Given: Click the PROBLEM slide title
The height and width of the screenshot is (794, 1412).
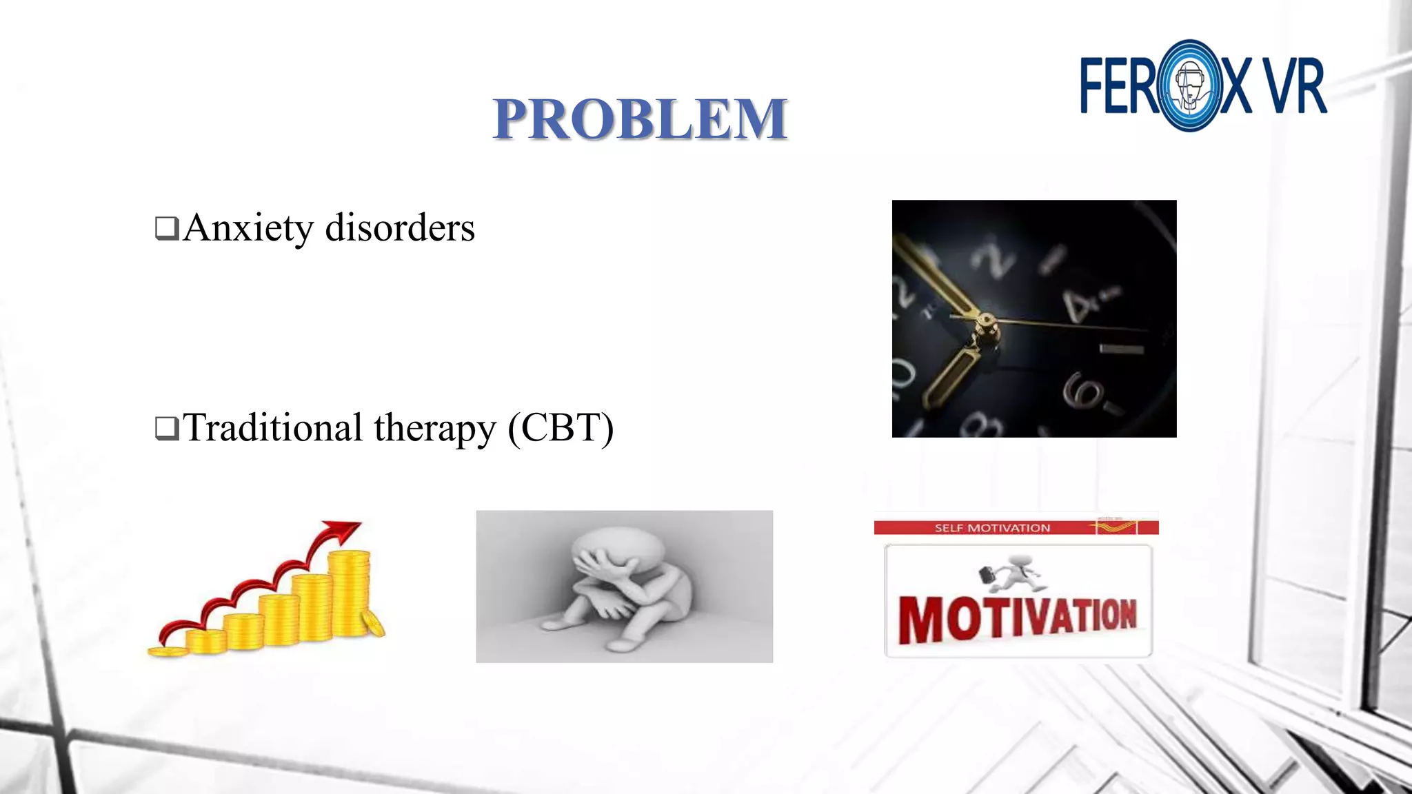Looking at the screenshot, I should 640,119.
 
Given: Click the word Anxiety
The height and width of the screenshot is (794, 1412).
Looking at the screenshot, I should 248,228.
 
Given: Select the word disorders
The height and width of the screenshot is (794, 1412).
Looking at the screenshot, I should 400,227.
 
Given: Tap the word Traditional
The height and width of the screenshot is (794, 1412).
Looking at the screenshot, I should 272,427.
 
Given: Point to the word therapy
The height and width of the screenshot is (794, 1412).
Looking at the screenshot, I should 434,429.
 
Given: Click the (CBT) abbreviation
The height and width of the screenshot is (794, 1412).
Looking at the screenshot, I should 561,428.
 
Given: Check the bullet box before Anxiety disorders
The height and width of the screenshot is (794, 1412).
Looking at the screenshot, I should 167,228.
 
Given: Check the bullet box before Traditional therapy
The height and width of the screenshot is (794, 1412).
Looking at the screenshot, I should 167,428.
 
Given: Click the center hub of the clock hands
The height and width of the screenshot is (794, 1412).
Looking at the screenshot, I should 986,321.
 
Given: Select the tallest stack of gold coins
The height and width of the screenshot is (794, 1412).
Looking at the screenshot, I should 349,593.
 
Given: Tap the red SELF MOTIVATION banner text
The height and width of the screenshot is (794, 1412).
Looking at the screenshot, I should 992,528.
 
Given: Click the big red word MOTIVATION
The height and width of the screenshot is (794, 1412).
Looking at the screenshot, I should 1017,618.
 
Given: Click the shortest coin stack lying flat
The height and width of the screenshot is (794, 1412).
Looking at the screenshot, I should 168,651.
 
